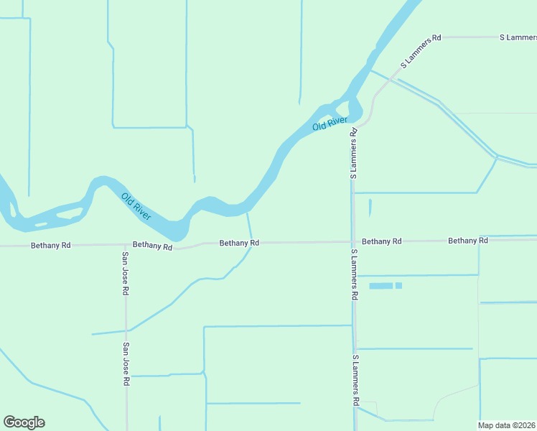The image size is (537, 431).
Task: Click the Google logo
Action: click(24, 422)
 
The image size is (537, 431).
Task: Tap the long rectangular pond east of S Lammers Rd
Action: click(380, 286)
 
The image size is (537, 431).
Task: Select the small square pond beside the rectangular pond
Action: click(398, 286)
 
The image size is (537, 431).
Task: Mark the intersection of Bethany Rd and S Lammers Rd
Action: click(353, 242)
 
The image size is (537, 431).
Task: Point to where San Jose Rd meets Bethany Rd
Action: click(125, 245)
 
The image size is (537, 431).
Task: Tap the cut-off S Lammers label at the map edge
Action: click(518, 37)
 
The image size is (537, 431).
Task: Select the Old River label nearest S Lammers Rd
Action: click(330, 124)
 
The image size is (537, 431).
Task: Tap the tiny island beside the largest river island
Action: click(41, 224)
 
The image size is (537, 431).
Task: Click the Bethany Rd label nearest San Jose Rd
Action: click(152, 246)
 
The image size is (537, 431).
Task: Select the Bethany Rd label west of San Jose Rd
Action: click(50, 245)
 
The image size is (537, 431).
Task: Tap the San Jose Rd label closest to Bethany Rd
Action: click(125, 274)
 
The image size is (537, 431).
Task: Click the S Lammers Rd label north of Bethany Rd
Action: click(353, 154)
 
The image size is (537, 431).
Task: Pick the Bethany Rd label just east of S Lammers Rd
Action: click(381, 241)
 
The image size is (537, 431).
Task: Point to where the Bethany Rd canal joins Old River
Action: click(247, 213)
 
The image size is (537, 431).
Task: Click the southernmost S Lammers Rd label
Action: click(355, 380)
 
